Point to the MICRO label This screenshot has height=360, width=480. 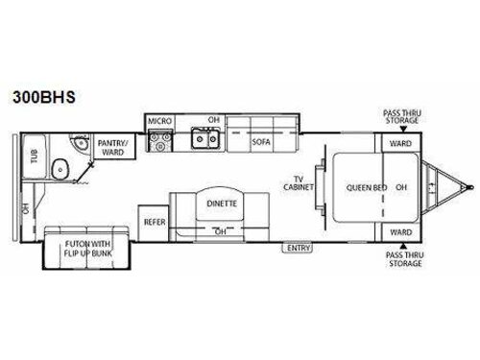tap(159, 121)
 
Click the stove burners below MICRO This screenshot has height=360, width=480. tap(158, 143)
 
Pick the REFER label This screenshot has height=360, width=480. tap(154, 221)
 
